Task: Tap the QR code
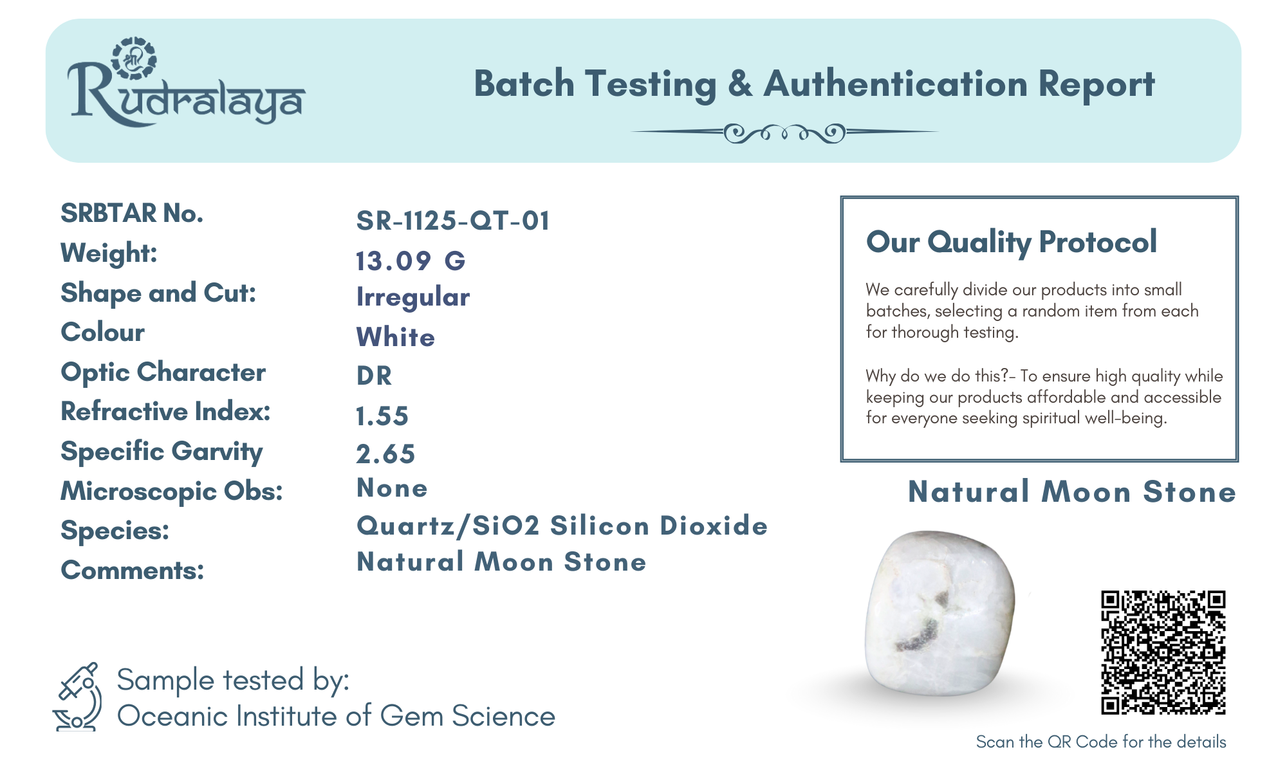pos(1163,652)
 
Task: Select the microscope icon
pos(77,697)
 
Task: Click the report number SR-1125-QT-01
pos(453,221)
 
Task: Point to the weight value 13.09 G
pos(411,261)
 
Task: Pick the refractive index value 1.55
pos(382,416)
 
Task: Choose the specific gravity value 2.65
pos(385,454)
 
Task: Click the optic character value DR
pos(374,376)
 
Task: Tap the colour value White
pos(396,338)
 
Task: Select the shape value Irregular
pos(413,298)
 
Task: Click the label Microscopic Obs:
pos(172,492)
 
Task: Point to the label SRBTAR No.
pos(132,214)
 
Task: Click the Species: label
pos(115,531)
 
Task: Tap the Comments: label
pos(132,571)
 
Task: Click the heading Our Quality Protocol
pos(1012,243)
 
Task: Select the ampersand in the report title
pos(740,84)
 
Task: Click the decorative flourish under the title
pos(784,133)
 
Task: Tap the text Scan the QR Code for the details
pos(1101,742)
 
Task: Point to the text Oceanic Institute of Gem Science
pos(336,717)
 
